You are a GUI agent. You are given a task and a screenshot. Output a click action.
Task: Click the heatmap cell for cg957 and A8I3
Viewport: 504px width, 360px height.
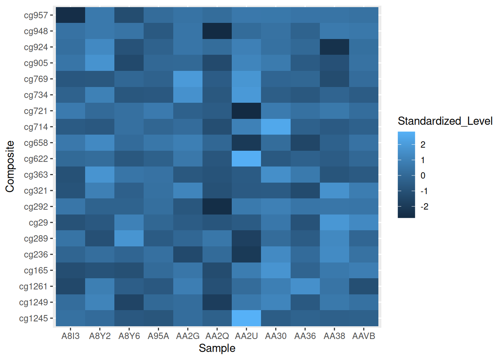tap(70, 15)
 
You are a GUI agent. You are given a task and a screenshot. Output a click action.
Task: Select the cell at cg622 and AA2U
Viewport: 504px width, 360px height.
tap(246, 159)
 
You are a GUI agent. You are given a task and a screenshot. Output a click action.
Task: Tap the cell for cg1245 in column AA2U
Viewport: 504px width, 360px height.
tap(246, 318)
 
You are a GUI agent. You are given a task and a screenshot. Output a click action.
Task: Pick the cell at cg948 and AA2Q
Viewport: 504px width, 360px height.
tap(217, 31)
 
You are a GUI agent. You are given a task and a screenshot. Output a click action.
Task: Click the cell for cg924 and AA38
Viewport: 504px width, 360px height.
tap(334, 47)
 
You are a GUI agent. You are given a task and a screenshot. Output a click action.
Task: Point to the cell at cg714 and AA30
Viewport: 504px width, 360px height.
tap(276, 127)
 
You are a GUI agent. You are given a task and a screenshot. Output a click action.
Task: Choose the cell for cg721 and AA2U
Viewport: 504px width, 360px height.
tap(246, 111)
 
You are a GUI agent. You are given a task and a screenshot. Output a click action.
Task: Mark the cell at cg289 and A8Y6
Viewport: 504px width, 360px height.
tap(129, 238)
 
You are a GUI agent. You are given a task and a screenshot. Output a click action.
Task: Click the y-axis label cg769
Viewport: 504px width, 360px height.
tap(36, 79)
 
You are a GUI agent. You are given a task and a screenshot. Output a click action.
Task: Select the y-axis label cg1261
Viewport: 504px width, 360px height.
tap(34, 286)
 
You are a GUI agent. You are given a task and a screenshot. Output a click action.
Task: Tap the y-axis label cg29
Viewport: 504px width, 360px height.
tap(39, 223)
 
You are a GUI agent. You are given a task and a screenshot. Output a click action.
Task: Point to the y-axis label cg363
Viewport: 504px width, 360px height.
tap(36, 175)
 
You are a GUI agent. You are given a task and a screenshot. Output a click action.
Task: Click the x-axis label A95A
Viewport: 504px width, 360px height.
tap(158, 336)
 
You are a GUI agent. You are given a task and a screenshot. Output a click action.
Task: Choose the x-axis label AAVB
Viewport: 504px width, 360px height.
tap(364, 336)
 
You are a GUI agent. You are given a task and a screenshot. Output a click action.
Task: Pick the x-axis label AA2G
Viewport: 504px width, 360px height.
tap(188, 336)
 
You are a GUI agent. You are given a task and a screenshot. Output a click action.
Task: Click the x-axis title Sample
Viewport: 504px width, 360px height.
tap(217, 348)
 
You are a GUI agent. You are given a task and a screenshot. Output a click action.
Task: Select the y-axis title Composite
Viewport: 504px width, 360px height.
tap(10, 166)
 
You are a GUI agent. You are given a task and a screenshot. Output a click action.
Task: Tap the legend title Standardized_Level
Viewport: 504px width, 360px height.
tap(445, 121)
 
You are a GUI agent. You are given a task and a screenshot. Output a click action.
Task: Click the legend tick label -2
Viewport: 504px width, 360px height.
tap(424, 207)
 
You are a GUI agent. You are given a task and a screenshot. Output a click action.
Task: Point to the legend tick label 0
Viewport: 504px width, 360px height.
tap(423, 175)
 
